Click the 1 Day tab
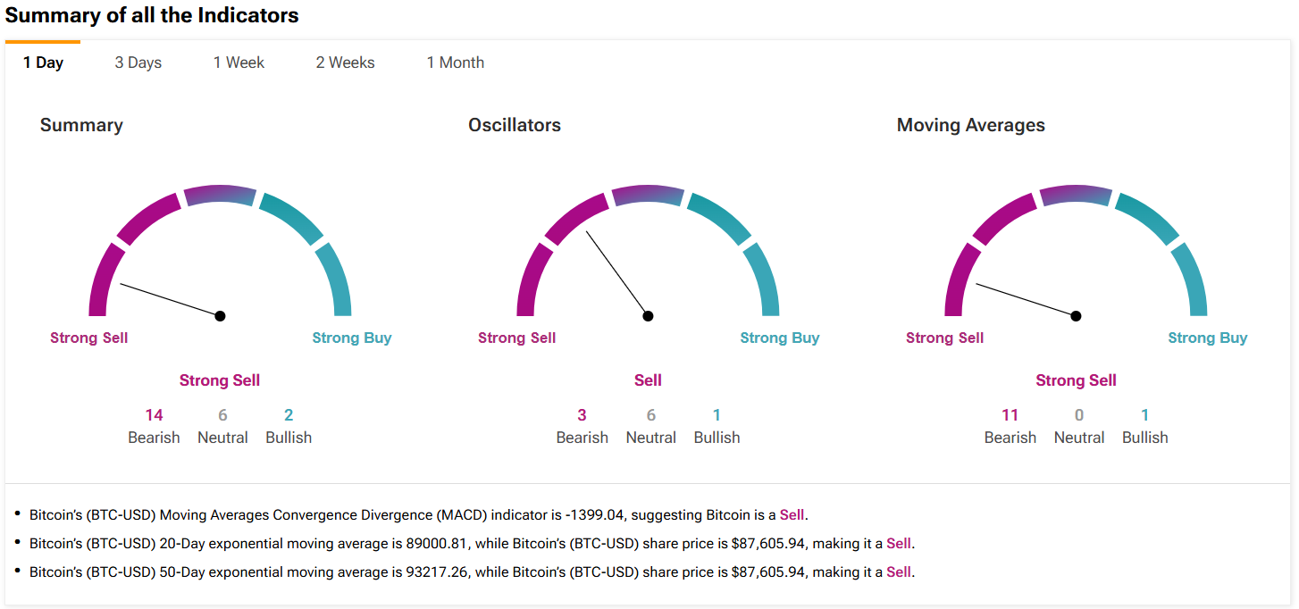[43, 63]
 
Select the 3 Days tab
[138, 63]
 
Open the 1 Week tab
[239, 63]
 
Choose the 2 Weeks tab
[345, 63]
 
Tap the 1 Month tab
[455, 63]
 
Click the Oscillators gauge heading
[515, 125]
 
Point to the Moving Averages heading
[970, 125]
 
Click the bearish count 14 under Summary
[154, 415]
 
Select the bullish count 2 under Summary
[289, 415]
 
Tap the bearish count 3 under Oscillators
[582, 415]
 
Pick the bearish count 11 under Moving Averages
[1010, 415]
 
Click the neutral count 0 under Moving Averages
[1079, 415]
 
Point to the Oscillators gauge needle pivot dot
[648, 316]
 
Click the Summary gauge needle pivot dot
[220, 316]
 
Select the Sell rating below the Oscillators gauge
[648, 380]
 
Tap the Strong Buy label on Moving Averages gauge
[1207, 338]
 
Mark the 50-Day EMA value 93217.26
[432, 571]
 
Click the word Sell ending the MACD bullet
[792, 514]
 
